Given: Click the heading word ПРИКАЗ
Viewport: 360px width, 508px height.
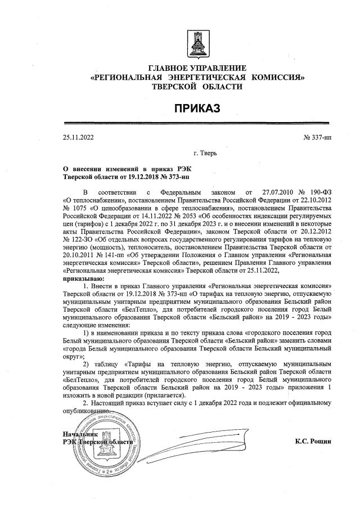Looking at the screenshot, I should coord(197,107).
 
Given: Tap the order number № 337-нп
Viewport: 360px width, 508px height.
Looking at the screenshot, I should coord(318,137).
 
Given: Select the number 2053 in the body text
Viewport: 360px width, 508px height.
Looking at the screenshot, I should coord(152,214).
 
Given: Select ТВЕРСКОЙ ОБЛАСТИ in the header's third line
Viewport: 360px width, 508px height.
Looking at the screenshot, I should coord(197,87).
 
